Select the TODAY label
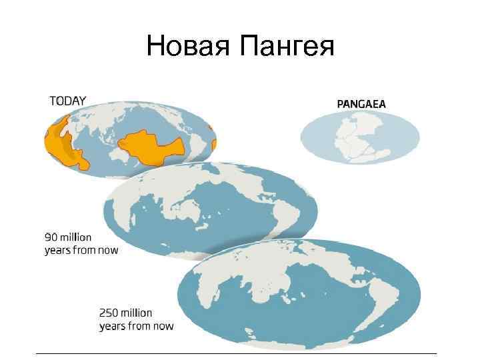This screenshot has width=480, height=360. coord(67,101)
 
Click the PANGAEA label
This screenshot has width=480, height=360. coord(361,103)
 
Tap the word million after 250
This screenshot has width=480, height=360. coord(137,313)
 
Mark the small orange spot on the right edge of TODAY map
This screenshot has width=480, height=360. coord(214,144)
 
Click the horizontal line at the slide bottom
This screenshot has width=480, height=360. coord(237,353)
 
